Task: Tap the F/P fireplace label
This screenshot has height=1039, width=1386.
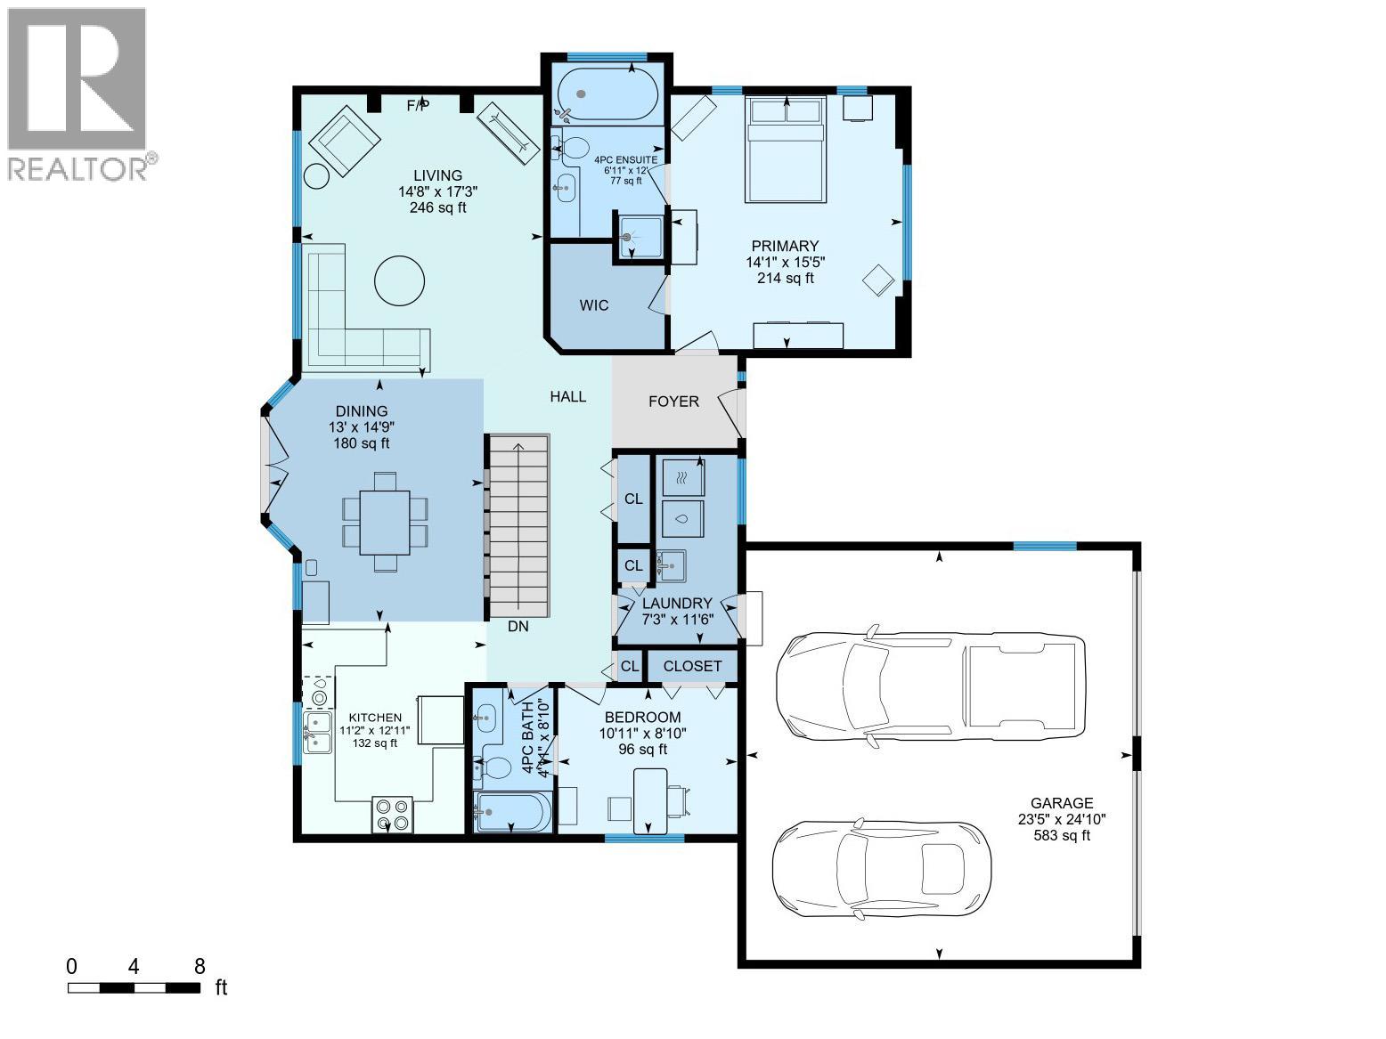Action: (x=418, y=105)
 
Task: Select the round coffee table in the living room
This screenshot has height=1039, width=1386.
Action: (x=398, y=280)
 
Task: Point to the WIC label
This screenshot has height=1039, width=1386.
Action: (x=594, y=305)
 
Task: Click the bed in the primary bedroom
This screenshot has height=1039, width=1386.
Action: (x=786, y=150)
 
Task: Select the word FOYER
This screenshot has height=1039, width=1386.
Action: (x=673, y=402)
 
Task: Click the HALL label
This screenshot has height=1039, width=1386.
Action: (x=567, y=396)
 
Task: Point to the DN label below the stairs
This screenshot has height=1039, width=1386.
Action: (x=518, y=626)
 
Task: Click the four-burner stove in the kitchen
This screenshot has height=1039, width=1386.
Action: (x=392, y=814)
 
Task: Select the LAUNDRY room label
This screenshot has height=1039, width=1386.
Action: (x=677, y=603)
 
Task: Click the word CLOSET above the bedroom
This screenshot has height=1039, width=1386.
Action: (x=692, y=666)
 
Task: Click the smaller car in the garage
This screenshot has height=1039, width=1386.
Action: (x=881, y=869)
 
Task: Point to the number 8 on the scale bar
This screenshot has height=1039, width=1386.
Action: (x=200, y=966)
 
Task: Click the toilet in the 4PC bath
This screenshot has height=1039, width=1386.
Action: (x=493, y=767)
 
